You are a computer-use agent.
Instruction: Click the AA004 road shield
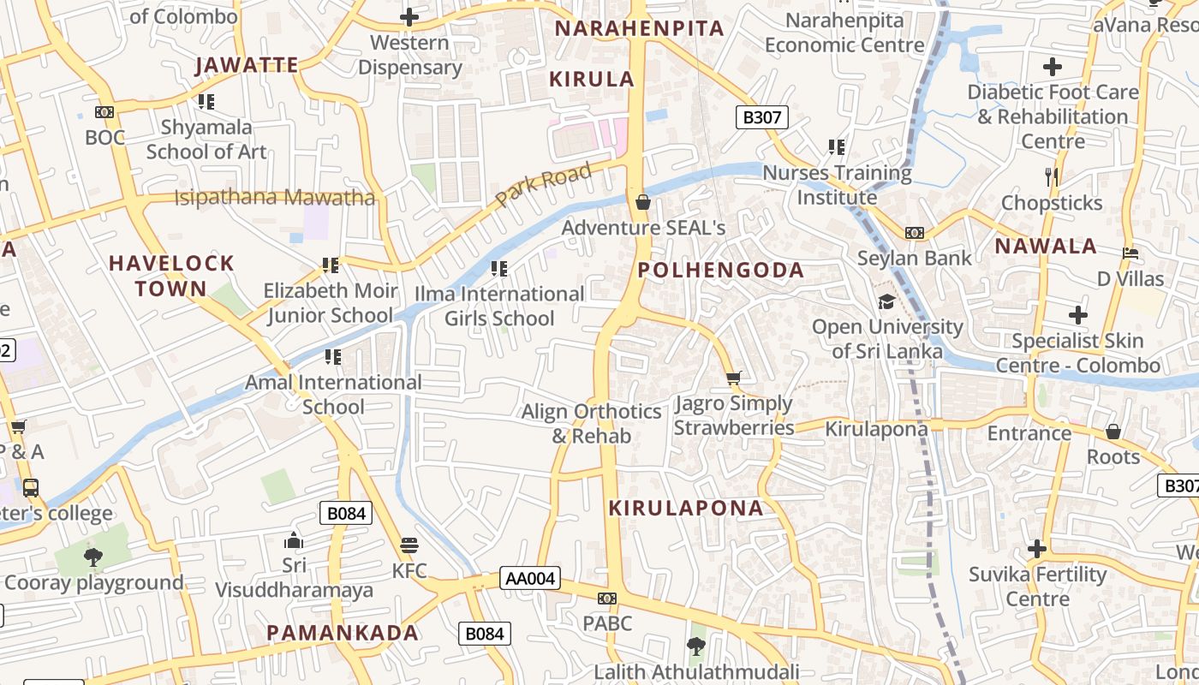tap(530, 579)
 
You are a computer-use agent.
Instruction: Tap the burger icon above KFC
tap(409, 545)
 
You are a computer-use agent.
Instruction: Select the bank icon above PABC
tap(607, 599)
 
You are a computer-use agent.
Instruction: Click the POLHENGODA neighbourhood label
tap(721, 271)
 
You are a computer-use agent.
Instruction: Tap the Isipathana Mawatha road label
tap(275, 198)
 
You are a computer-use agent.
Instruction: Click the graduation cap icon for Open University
tap(886, 302)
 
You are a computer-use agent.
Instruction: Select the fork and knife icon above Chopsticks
tap(1052, 177)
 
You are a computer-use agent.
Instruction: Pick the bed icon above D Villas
tap(1130, 254)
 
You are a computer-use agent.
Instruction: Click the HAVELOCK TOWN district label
tap(171, 276)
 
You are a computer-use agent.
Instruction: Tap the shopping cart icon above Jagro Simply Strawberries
tap(733, 378)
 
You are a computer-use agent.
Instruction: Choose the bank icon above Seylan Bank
tap(915, 233)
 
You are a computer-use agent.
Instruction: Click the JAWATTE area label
tap(247, 65)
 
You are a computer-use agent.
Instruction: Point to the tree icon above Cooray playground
tap(93, 557)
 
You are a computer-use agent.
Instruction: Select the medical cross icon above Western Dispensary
tap(409, 16)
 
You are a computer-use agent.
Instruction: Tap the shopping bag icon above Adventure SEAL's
tap(643, 202)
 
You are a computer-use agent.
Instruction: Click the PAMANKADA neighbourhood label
tap(343, 633)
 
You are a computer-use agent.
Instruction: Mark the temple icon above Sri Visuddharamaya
tap(294, 540)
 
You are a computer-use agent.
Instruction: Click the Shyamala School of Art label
tap(206, 140)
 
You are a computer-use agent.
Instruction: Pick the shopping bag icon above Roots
tap(1113, 432)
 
